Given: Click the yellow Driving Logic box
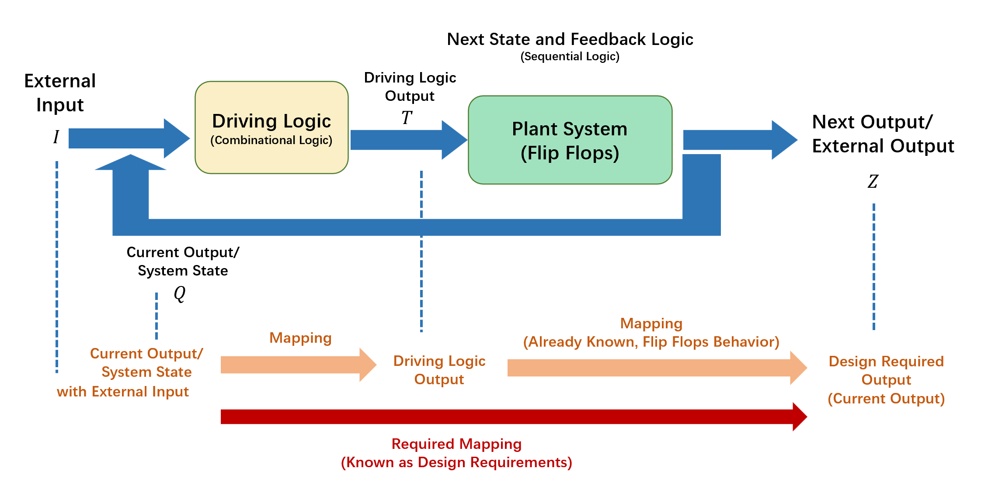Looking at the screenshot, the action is pyautogui.click(x=271, y=127).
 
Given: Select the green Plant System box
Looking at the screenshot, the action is pyautogui.click(x=570, y=140).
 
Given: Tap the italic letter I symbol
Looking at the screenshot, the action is pyautogui.click(x=56, y=137).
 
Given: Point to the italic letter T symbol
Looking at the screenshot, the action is pyautogui.click(x=407, y=117).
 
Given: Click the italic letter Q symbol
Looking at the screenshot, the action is pyautogui.click(x=180, y=293).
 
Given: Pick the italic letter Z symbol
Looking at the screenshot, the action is pyautogui.click(x=873, y=181).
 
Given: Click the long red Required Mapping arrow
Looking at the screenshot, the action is pyautogui.click(x=514, y=417).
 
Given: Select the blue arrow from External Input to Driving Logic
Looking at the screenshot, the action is pyautogui.click(x=129, y=138).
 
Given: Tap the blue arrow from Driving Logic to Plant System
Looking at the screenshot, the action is pyautogui.click(x=409, y=140).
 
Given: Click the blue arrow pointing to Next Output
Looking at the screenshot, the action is pyautogui.click(x=741, y=140).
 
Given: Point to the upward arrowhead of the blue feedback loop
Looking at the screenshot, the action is pyautogui.click(x=131, y=162).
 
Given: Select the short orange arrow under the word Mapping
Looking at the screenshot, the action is pyautogui.click(x=299, y=365).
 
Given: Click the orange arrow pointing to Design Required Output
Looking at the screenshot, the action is pyautogui.click(x=658, y=368).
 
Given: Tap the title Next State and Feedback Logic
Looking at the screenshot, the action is pyautogui.click(x=570, y=39).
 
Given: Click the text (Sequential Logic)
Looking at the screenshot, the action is pyautogui.click(x=570, y=57).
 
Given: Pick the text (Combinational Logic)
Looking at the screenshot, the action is pyautogui.click(x=271, y=140).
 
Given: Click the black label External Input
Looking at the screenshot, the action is pyautogui.click(x=60, y=93).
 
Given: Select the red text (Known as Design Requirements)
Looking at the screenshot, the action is pyautogui.click(x=456, y=462).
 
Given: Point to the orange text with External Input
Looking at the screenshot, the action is pyautogui.click(x=123, y=392).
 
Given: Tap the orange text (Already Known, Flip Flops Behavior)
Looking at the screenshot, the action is pyautogui.click(x=651, y=342).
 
